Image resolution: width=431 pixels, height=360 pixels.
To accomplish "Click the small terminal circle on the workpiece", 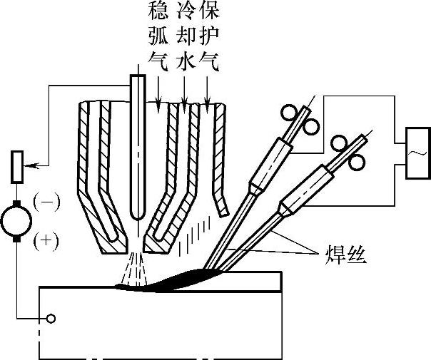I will [x=50, y=317].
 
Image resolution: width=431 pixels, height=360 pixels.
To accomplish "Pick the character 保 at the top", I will [x=209, y=11].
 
